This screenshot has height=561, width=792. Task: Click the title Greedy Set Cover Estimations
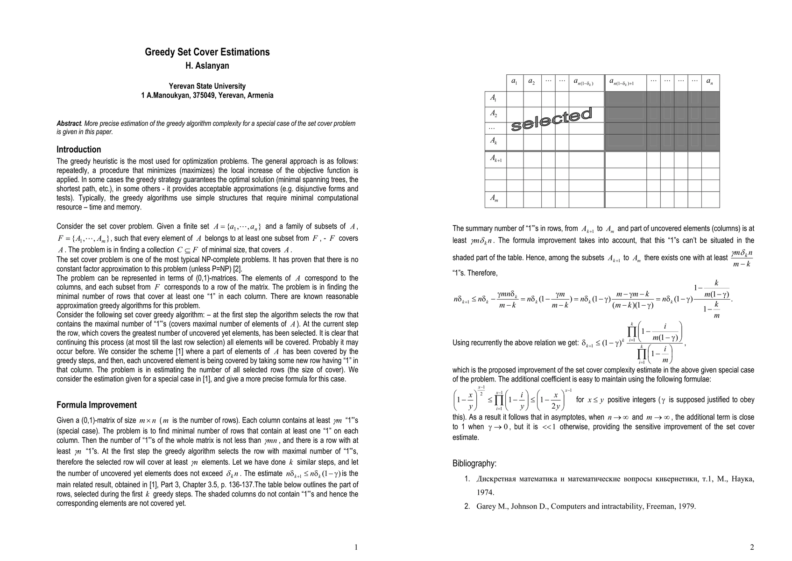(x=207, y=52)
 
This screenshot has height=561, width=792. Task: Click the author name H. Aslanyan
(x=207, y=65)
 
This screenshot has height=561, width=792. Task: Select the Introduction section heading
(x=78, y=150)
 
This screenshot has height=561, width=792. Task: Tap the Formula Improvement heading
(x=97, y=405)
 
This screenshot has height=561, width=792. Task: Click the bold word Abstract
(x=69, y=123)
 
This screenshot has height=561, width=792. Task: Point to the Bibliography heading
(x=474, y=463)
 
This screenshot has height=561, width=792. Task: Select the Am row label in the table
(x=494, y=198)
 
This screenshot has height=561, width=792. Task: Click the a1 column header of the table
(x=514, y=82)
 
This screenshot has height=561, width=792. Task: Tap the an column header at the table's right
(x=709, y=82)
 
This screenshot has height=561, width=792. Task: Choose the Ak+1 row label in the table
(x=495, y=159)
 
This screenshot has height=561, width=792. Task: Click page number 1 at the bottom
(x=356, y=547)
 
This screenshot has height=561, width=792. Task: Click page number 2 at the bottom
(x=752, y=547)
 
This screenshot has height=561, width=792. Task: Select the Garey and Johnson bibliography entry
(x=586, y=506)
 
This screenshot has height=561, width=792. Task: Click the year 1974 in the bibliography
(x=485, y=492)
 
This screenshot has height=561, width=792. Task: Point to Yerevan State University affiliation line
(x=207, y=86)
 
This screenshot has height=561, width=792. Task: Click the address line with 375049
(x=207, y=95)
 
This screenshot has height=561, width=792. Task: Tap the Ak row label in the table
(x=494, y=140)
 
